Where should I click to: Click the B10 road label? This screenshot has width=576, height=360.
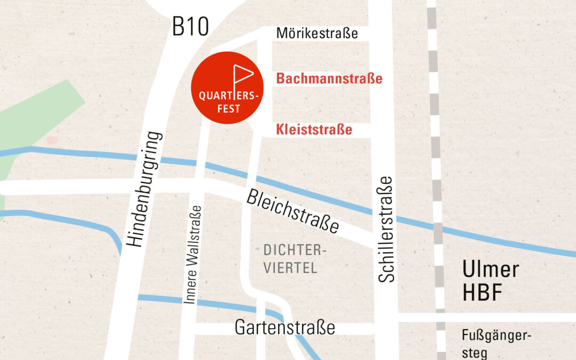190,27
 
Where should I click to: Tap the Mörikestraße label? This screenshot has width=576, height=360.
317,34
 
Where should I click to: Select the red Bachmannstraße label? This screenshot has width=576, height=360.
329,79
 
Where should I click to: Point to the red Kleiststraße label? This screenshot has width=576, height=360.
314,130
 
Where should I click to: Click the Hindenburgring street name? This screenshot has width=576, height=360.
143,189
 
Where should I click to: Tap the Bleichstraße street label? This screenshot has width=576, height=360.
292,211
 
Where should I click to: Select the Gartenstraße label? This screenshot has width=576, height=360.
285,327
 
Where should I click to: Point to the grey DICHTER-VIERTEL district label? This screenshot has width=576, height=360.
291,259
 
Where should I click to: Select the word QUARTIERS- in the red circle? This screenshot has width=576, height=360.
228,97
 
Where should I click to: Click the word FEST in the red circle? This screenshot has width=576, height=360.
228,109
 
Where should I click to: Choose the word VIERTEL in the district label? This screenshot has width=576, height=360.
290,268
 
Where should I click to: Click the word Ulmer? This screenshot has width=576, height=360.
490,269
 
